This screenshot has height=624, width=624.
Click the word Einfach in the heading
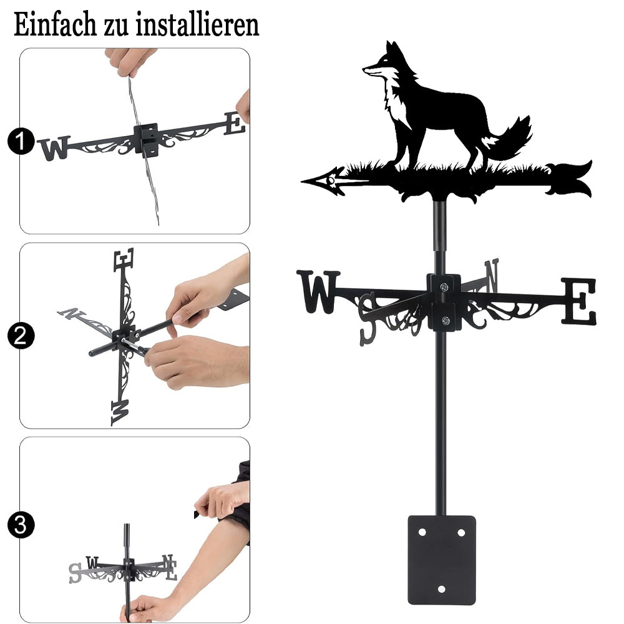tap(55, 24)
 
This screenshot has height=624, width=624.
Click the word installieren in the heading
tap(197, 24)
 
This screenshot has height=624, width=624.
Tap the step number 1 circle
tap(21, 141)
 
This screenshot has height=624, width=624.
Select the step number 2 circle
tap(21, 336)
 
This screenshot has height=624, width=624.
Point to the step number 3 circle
tap(21, 525)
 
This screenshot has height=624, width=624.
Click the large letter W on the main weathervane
tap(318, 291)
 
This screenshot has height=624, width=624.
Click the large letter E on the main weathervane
tap(578, 301)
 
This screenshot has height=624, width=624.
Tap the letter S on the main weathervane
tap(368, 319)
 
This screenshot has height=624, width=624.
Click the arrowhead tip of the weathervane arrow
tap(302, 182)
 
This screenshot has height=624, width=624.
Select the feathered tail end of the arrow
tap(569, 178)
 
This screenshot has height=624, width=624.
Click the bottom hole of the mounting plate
tap(441, 589)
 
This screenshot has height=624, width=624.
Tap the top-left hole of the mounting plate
tap(422, 532)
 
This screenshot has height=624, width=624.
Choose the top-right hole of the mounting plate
tap(461, 532)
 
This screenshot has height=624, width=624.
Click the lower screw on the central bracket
tap(446, 319)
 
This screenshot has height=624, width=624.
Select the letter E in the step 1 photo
tap(235, 123)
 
